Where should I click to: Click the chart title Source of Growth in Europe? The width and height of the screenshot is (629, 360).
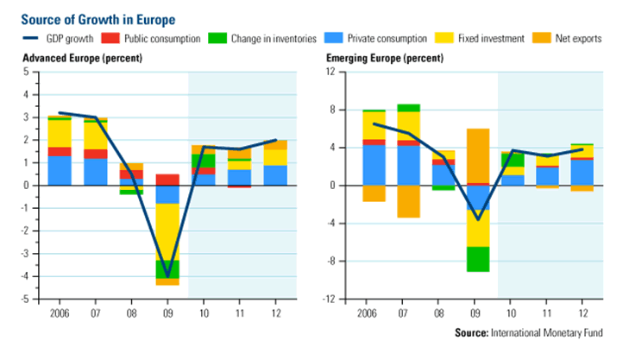(98, 17)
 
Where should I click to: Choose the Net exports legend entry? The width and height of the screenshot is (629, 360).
(578, 38)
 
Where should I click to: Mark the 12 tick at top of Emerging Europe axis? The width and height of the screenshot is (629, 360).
(328, 71)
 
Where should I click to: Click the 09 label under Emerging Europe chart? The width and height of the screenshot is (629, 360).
(478, 312)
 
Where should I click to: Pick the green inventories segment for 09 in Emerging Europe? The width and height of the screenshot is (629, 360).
(478, 259)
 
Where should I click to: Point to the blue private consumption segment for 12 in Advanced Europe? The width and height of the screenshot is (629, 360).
(275, 174)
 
